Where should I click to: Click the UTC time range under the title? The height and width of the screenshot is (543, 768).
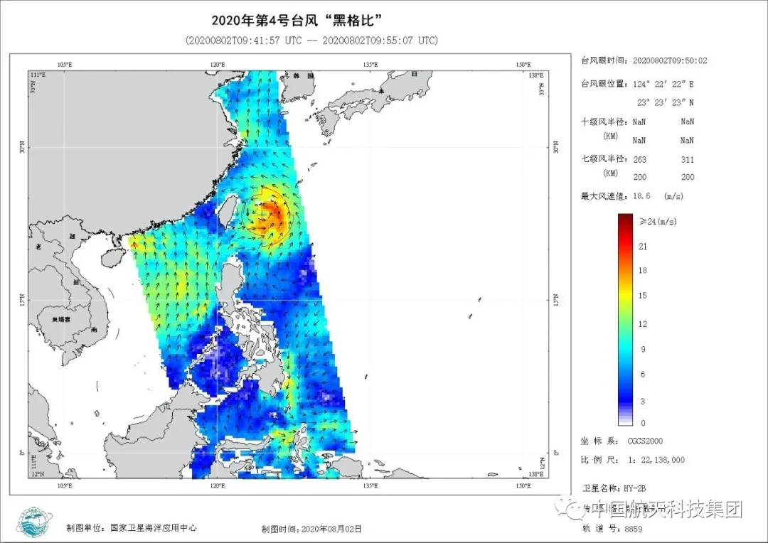[x=311, y=41]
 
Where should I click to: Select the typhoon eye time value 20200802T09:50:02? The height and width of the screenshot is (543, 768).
[x=670, y=61]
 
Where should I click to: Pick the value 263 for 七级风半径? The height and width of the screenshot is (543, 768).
[x=639, y=160]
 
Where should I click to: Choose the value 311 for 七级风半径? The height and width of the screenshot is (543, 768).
[x=687, y=160]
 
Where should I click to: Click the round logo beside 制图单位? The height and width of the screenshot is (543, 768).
[x=33, y=522]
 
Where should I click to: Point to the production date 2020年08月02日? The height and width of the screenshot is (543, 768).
[x=331, y=529]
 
